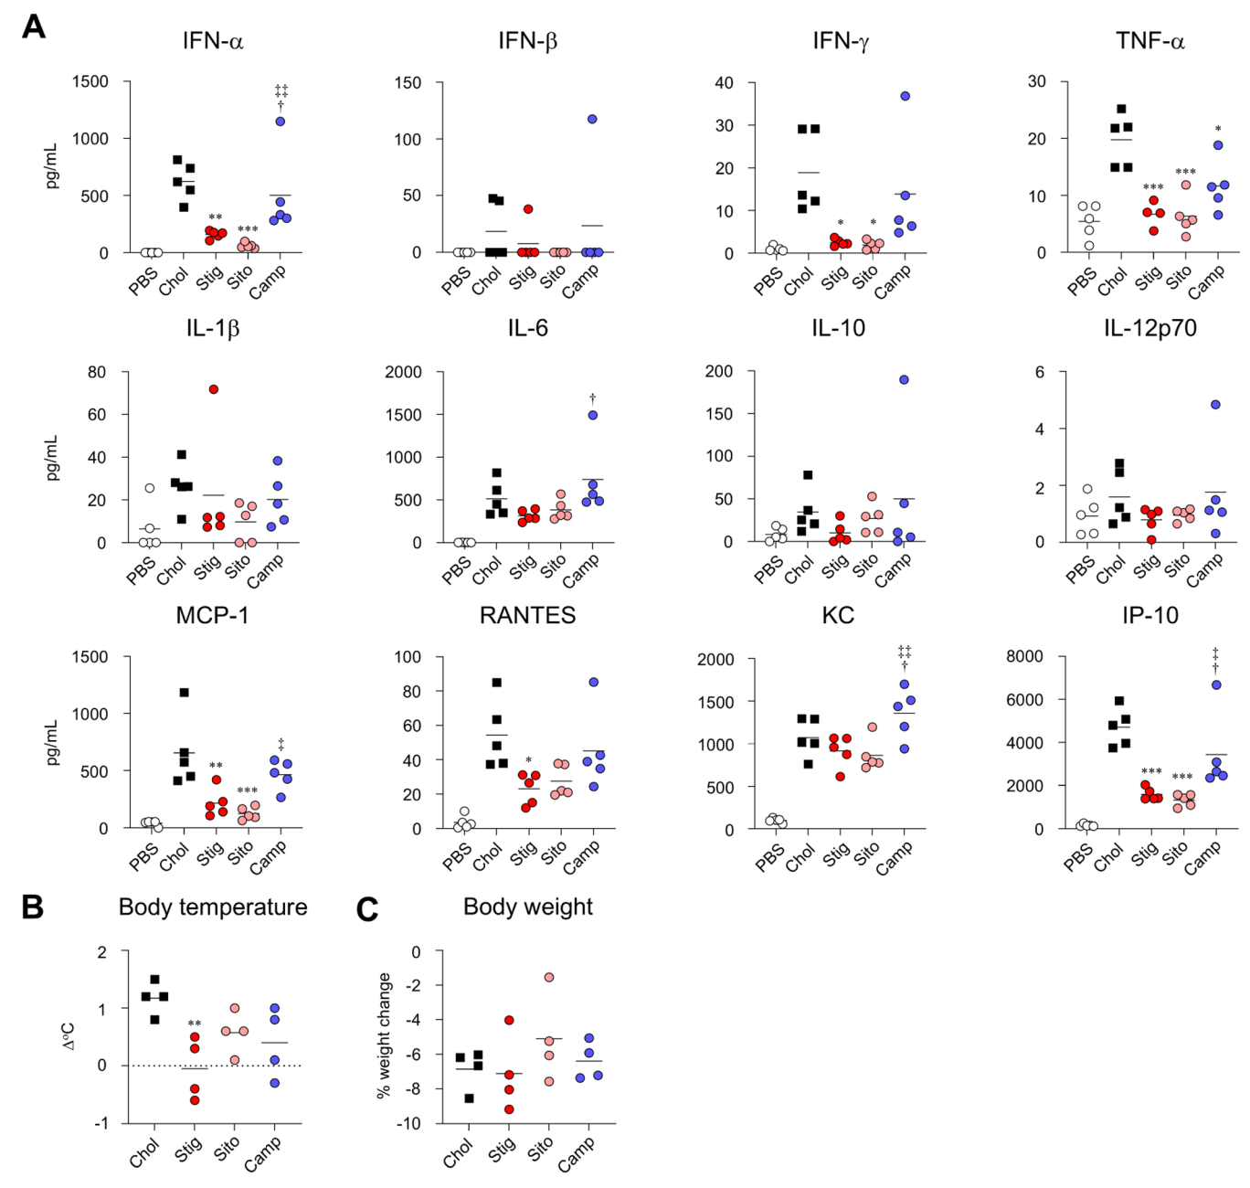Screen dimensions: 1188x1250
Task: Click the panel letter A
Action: (x=33, y=27)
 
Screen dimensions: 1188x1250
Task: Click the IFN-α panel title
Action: (x=213, y=41)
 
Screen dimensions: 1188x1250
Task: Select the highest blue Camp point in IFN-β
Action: (x=592, y=119)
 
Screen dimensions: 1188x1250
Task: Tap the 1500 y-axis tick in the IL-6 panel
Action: (x=404, y=415)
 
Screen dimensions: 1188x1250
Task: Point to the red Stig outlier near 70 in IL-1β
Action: (x=214, y=389)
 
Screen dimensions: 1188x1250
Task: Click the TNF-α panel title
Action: (x=1149, y=41)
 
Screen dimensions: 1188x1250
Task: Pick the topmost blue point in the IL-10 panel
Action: (x=904, y=379)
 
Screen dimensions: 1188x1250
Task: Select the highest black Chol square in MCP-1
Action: (x=185, y=693)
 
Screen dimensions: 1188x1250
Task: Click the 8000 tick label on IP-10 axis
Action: (x=1024, y=656)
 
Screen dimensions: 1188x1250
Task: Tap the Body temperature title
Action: (x=213, y=907)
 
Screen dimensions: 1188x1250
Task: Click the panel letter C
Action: (x=367, y=910)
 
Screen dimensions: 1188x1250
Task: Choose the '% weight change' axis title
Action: (x=384, y=1035)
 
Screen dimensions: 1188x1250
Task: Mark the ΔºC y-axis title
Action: (x=69, y=1035)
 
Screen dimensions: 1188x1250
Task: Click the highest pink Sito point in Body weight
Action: (x=549, y=978)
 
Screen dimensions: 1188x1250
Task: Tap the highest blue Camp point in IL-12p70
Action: (x=1215, y=405)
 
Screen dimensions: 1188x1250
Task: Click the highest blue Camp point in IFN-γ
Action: (x=905, y=96)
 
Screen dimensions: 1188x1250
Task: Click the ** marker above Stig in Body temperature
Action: (x=195, y=1024)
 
